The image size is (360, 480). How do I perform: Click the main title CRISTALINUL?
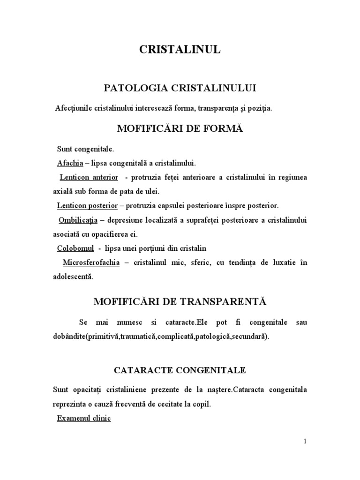pyautogui.click(x=180, y=51)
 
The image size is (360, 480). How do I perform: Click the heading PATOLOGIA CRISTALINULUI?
pyautogui.click(x=180, y=88)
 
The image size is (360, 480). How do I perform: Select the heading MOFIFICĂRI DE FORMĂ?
pyautogui.click(x=180, y=128)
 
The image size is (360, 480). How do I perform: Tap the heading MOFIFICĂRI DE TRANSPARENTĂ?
pyautogui.click(x=180, y=302)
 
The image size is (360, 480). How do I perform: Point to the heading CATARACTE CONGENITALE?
pyautogui.click(x=180, y=370)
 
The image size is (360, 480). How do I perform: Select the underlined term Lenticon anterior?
pyautogui.click(x=88, y=178)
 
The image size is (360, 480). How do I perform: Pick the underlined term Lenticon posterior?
pyautogui.click(x=88, y=206)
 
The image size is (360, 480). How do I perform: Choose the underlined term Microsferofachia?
pyautogui.click(x=91, y=262)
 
